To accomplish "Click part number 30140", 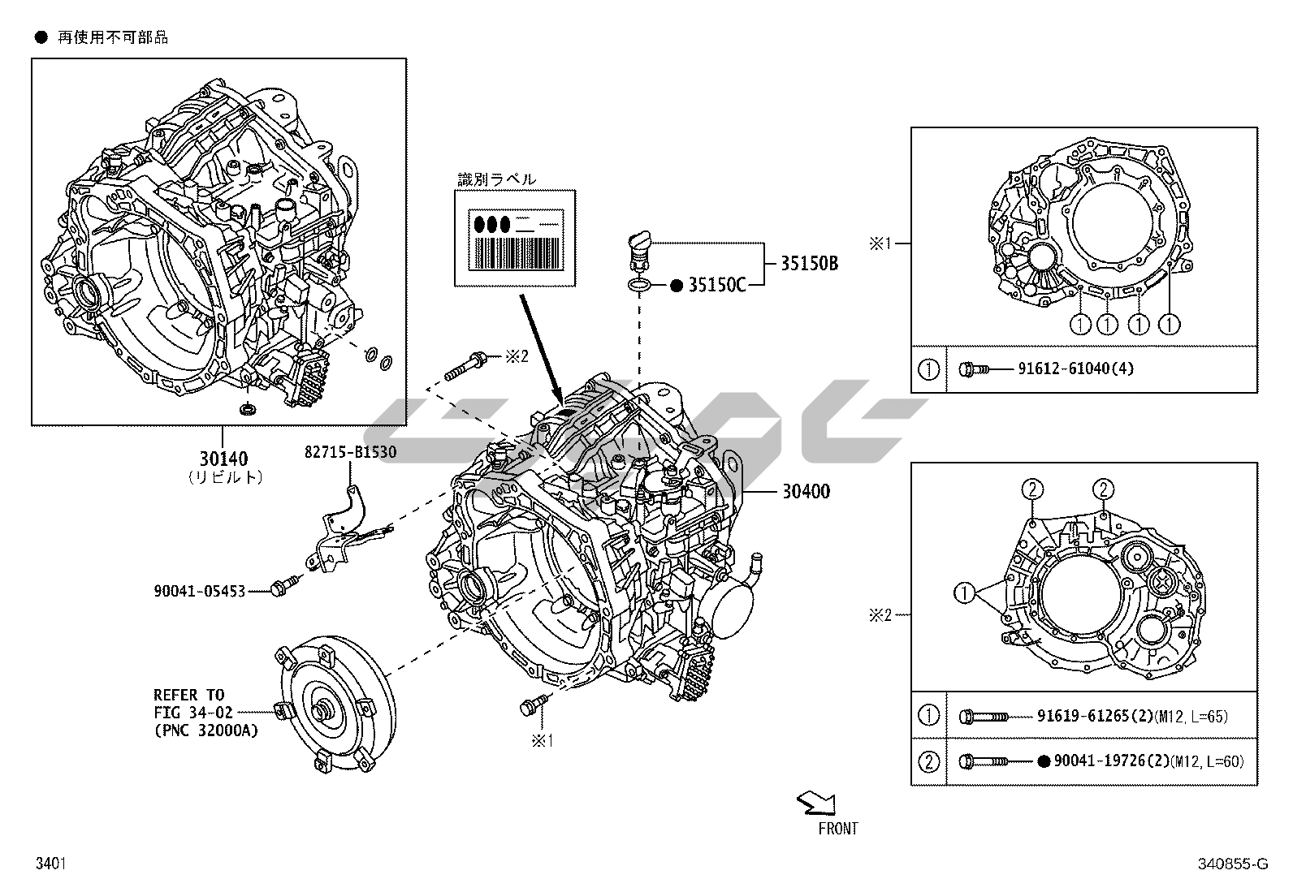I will point(222,459).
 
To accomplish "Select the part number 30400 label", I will point(806,491).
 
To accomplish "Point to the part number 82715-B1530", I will point(350,452).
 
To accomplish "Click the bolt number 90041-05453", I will point(199,591).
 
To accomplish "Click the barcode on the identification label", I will point(515,252).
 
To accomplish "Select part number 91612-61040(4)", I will point(1075,368).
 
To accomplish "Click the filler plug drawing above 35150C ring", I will point(636,248).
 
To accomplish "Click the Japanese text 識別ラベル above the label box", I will point(496,179).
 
